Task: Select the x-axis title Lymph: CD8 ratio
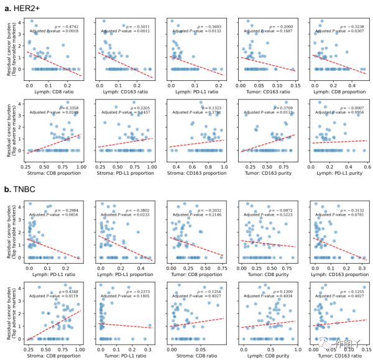tap(53, 90)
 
